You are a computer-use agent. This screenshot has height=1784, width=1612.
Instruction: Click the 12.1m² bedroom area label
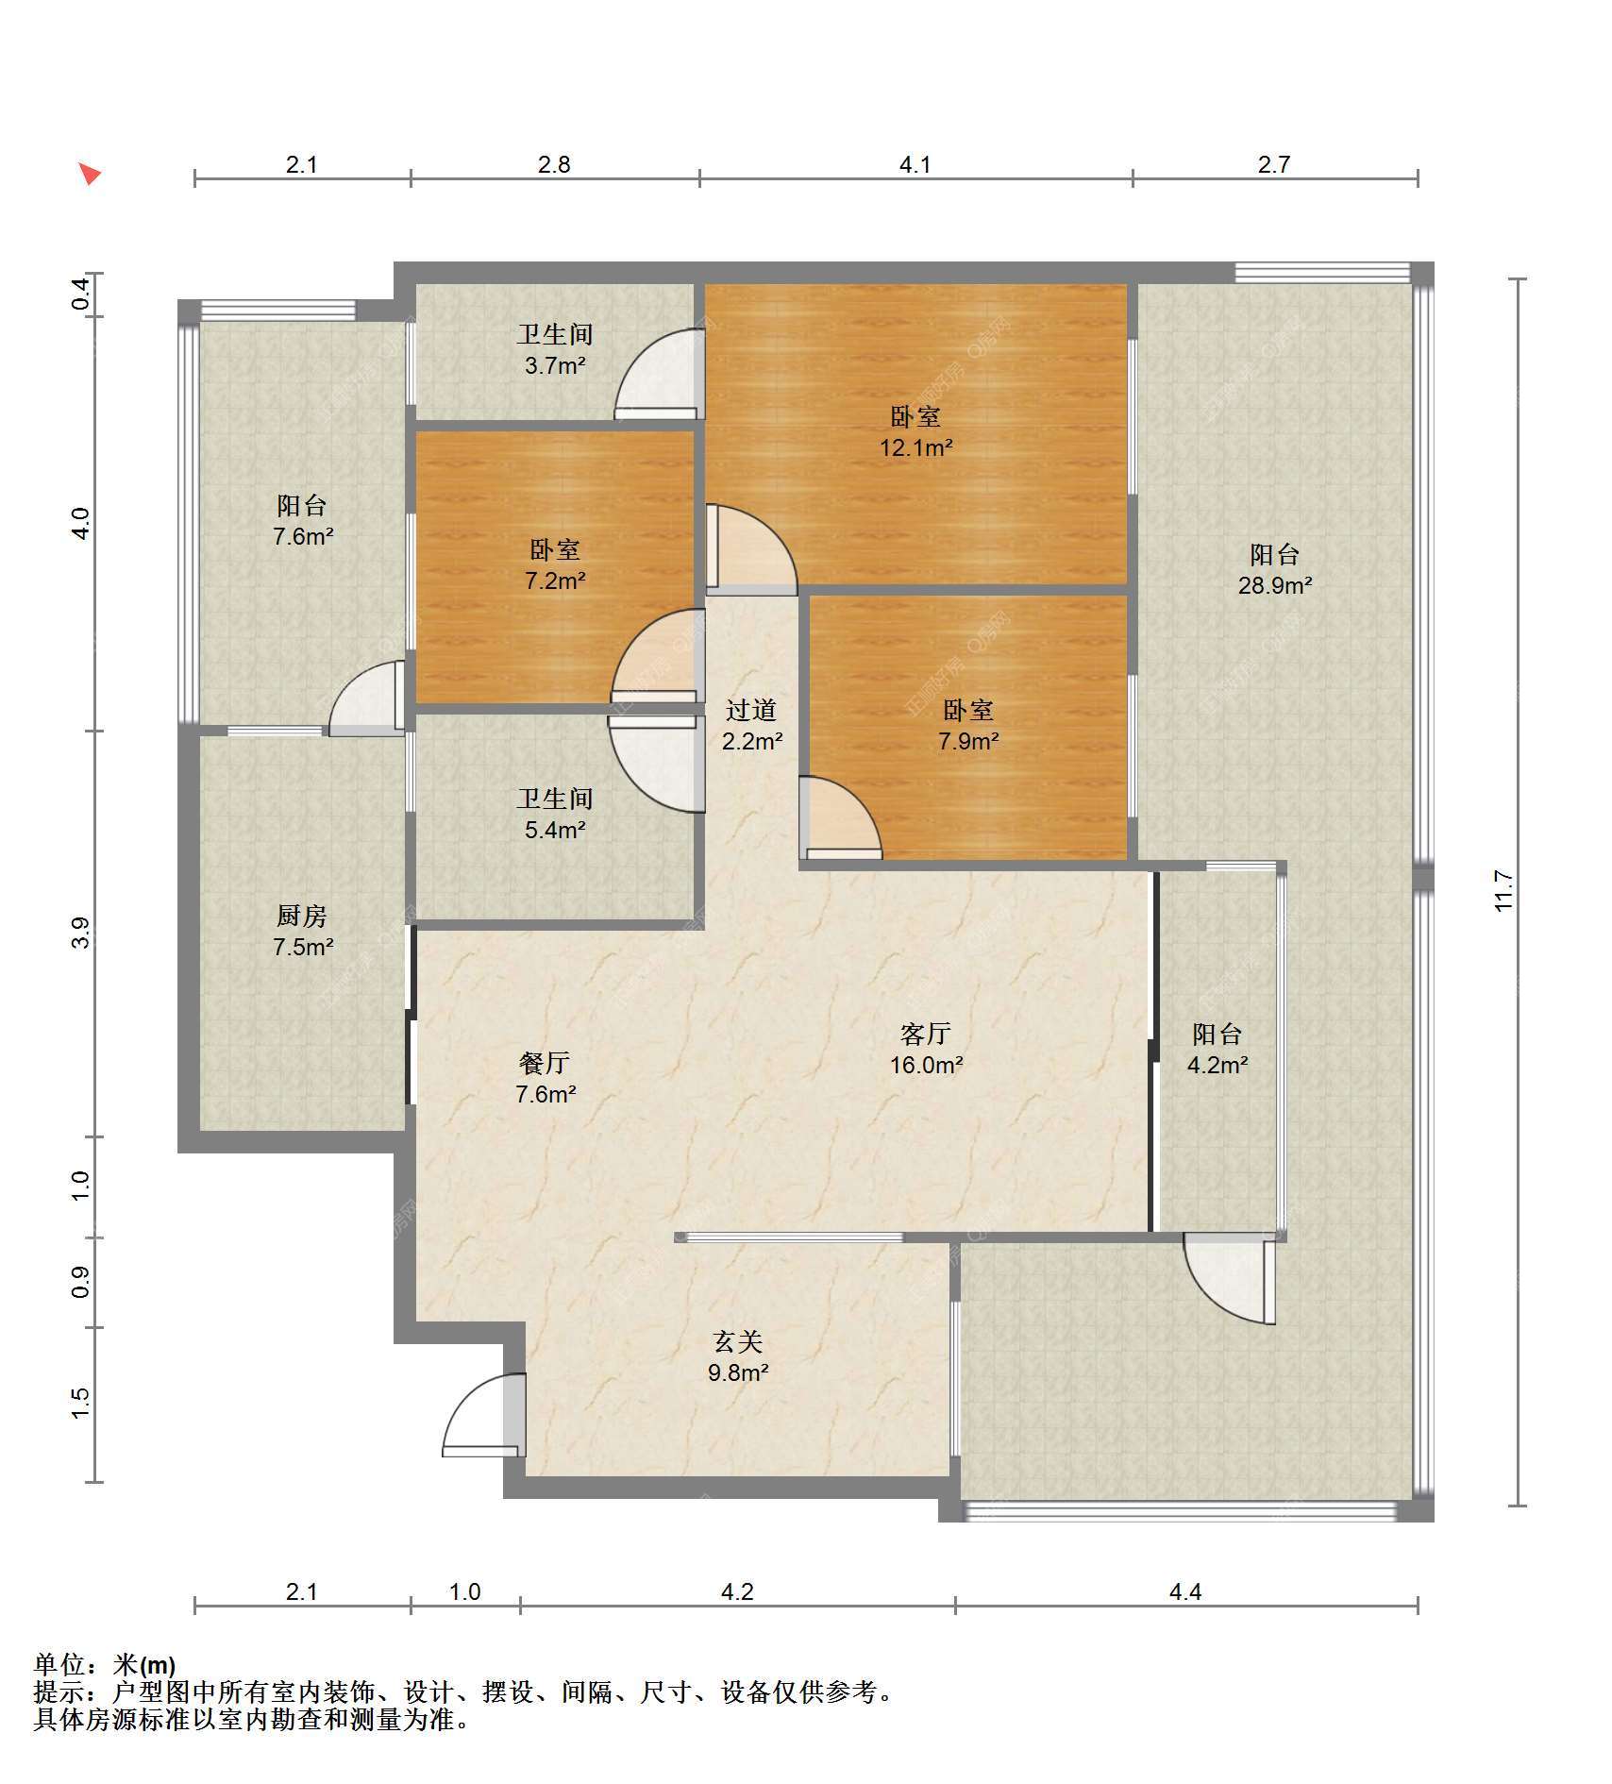coord(915,431)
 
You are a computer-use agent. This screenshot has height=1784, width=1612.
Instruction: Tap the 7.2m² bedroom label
coord(555,564)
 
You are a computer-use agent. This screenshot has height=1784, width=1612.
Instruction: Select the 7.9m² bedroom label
coord(968,725)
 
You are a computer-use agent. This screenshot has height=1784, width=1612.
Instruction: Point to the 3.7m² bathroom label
coord(555,349)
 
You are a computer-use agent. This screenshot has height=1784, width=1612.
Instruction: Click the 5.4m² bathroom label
coord(555,814)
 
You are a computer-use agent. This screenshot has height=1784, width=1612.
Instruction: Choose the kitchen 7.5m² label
coord(303,931)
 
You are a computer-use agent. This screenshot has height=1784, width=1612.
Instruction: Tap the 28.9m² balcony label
coord(1275,569)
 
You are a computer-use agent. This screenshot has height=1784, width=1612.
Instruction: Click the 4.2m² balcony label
coord(1217,1049)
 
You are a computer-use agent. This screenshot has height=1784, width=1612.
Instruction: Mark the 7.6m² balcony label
coord(303,520)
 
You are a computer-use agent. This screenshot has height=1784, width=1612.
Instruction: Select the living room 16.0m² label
coord(926,1049)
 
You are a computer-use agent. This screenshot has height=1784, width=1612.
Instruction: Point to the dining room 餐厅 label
coord(545,1063)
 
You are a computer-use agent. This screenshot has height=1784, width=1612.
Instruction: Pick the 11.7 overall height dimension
coord(1503,891)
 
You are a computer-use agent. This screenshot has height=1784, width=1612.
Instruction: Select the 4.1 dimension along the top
coord(915,165)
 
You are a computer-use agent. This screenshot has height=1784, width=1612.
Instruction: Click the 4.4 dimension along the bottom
coord(1185,1592)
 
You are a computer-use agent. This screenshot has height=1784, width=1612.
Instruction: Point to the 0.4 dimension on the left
coord(81,295)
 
